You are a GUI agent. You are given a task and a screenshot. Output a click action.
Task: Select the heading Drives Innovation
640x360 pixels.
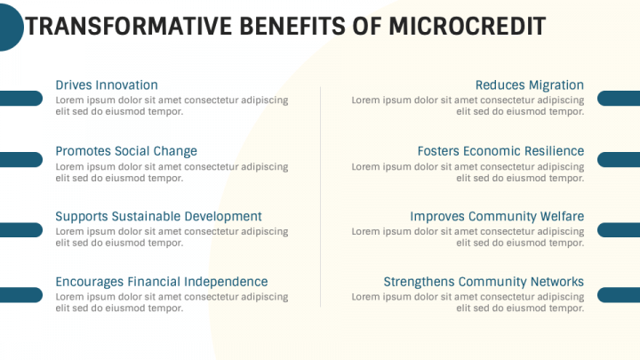[x=107, y=85]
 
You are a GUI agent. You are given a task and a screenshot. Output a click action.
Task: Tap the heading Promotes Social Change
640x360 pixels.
[x=126, y=151]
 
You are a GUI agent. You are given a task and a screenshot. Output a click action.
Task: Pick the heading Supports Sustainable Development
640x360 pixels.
[x=158, y=216]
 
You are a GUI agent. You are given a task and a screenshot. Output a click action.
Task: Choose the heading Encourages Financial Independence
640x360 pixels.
[x=161, y=282]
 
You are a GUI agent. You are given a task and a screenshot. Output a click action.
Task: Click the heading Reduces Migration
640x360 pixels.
[x=530, y=85]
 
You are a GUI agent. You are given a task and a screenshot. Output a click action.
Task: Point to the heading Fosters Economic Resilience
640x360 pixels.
[x=500, y=151]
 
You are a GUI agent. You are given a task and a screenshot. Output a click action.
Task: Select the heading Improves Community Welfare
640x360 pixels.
[x=497, y=216]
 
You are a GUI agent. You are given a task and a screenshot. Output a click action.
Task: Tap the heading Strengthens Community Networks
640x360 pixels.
[x=484, y=282]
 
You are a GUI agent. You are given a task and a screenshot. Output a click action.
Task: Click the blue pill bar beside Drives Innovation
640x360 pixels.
[x=20, y=98]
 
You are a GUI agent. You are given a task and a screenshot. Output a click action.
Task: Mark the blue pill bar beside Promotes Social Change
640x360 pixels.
[x=20, y=159]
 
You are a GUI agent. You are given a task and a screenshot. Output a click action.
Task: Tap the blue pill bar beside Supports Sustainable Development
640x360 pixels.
[x=20, y=229]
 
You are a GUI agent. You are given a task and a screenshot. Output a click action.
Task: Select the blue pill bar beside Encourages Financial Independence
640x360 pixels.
[x=20, y=295]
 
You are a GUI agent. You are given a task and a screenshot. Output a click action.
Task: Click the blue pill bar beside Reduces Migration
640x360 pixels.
[x=620, y=98]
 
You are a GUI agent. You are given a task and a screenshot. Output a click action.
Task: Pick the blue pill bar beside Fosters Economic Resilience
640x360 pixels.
[x=620, y=159]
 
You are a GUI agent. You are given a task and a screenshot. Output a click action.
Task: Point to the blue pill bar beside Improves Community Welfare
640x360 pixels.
[x=620, y=229]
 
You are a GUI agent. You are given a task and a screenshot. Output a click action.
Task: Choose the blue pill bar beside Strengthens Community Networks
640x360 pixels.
[x=620, y=295]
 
